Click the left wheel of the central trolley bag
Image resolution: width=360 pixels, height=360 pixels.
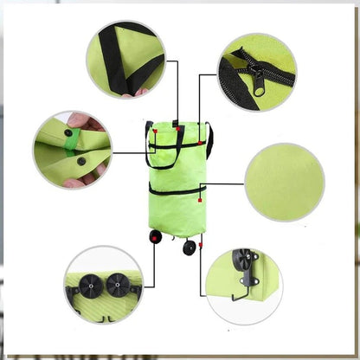pyautogui.click(x=157, y=236)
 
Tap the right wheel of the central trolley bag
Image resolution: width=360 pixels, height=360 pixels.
pyautogui.click(x=189, y=247)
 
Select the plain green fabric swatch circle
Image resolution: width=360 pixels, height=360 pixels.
pyautogui.click(x=285, y=181)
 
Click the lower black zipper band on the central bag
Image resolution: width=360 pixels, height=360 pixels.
pyautogui.click(x=177, y=188)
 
